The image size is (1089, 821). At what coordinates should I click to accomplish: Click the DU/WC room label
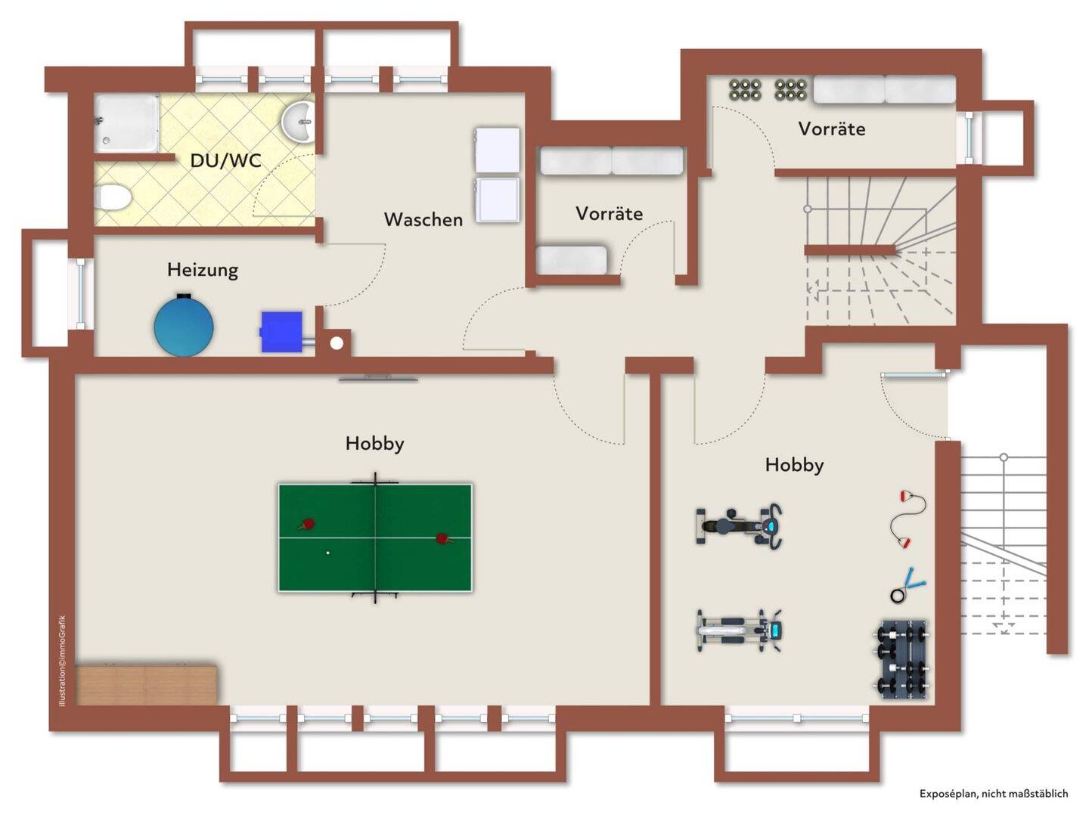(225, 160)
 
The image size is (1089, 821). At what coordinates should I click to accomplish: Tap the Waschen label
(423, 219)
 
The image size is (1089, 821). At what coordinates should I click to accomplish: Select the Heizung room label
(203, 270)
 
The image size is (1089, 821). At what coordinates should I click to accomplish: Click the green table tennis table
(375, 538)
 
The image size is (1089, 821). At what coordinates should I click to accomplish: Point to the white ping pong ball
(327, 553)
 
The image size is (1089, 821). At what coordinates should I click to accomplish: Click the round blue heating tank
(184, 325)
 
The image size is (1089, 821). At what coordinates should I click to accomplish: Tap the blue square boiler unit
(281, 331)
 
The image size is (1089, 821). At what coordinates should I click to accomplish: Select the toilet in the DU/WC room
(113, 197)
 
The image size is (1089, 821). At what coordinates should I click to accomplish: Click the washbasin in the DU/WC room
(299, 121)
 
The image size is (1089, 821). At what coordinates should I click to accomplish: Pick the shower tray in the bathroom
(127, 123)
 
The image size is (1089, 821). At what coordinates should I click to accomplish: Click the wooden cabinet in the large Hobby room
(147, 684)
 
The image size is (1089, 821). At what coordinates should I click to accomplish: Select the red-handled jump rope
(907, 519)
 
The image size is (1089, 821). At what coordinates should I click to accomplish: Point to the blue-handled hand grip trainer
(907, 586)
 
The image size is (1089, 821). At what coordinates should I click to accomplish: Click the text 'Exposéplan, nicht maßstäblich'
(993, 794)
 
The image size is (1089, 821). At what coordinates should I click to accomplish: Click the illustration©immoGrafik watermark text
(62, 661)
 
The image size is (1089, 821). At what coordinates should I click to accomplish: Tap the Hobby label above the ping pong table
(374, 443)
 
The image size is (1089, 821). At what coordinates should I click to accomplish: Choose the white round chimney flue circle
(337, 343)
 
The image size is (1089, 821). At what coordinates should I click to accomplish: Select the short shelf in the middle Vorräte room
(572, 260)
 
